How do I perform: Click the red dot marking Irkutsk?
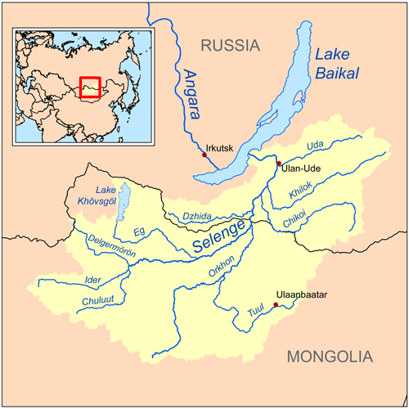(204, 154)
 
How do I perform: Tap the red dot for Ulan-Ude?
(279, 164)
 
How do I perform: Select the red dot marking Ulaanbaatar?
(276, 306)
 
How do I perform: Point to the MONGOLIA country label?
(330, 357)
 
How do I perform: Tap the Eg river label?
(140, 232)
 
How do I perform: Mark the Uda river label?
(315, 146)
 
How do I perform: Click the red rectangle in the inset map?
(90, 87)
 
